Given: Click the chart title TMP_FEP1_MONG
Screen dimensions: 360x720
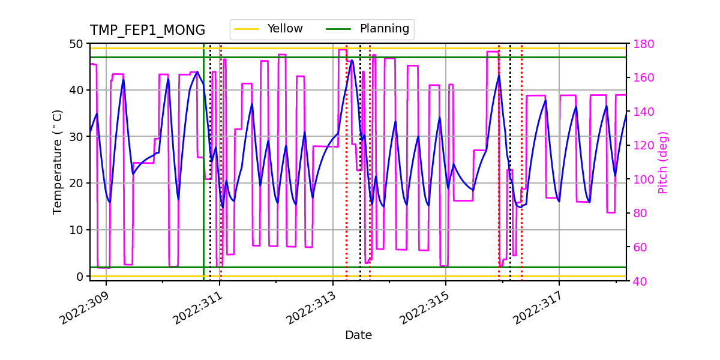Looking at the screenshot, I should tap(148, 31).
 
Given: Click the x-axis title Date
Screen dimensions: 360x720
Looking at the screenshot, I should tap(358, 335).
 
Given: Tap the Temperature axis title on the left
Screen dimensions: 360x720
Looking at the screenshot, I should tap(58, 161).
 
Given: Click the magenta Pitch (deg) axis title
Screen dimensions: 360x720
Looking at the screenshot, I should tap(662, 162).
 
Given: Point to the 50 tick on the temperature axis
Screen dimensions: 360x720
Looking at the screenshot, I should tap(77, 44).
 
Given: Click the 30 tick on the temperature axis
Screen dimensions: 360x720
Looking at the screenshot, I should tap(77, 137).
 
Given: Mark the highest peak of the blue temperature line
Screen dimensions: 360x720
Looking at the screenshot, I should tap(352, 59).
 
